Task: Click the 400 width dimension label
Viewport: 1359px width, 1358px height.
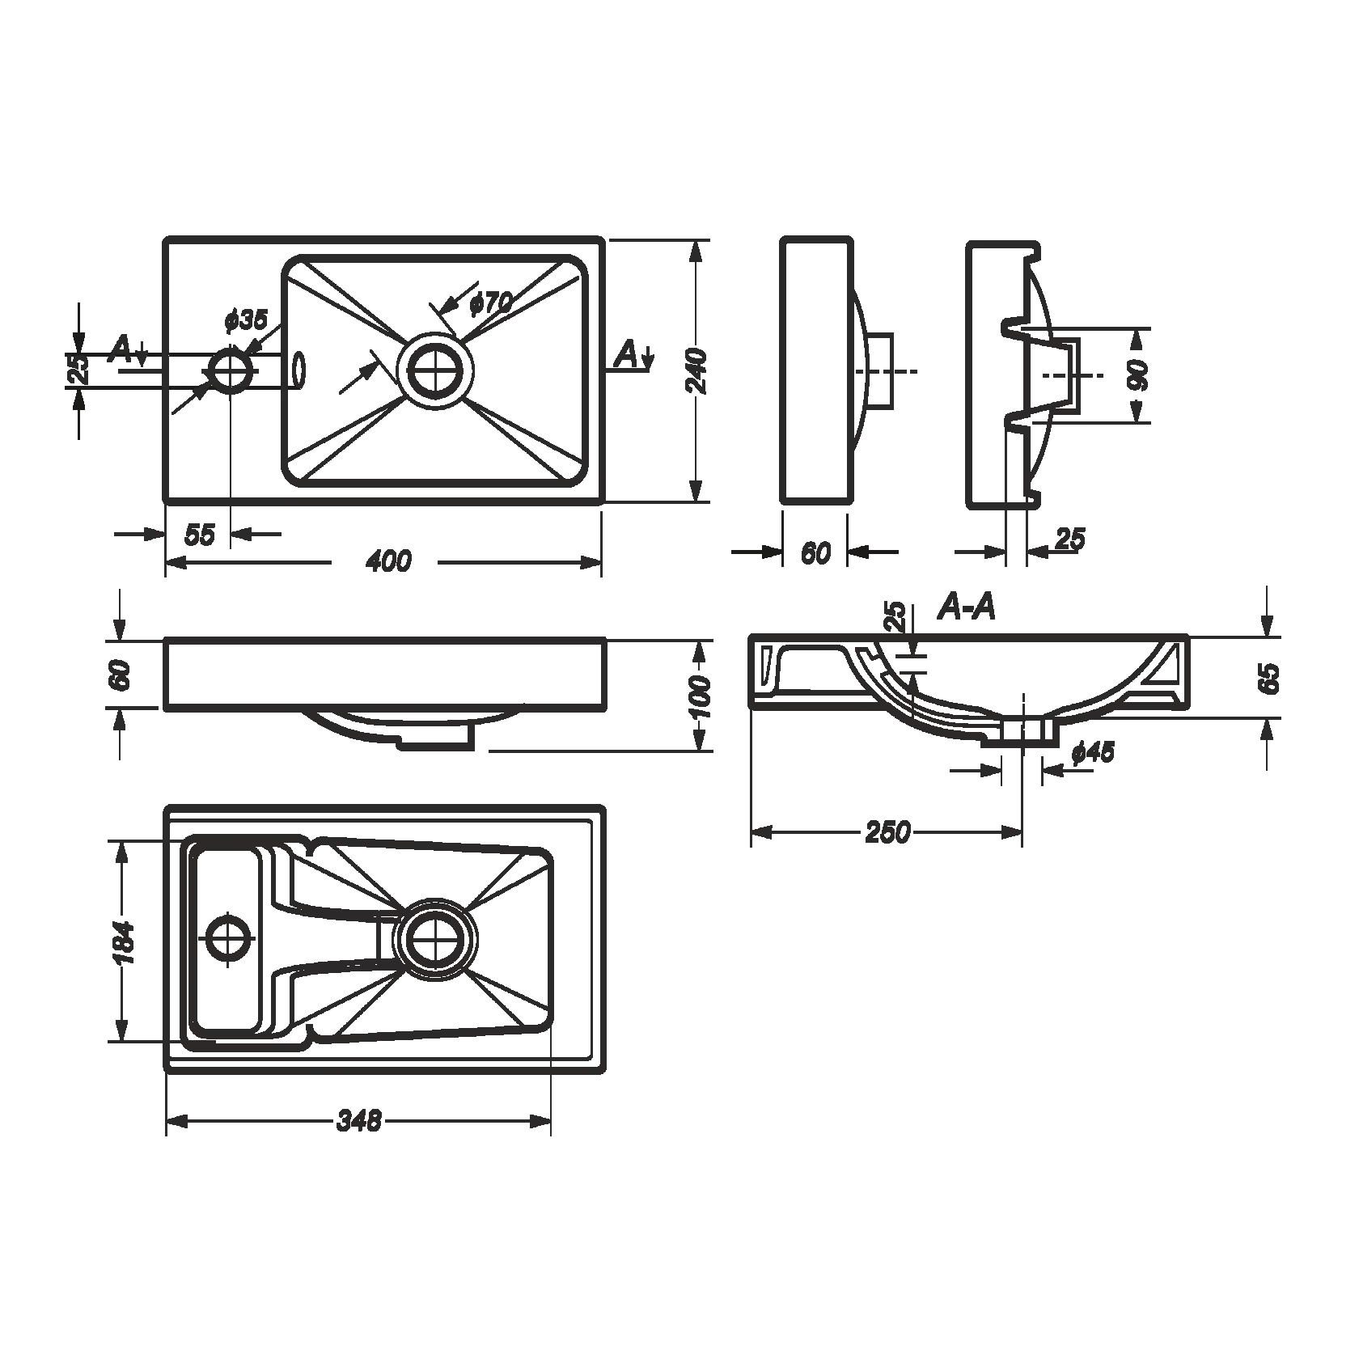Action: pos(388,561)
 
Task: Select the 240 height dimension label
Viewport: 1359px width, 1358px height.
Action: pos(697,371)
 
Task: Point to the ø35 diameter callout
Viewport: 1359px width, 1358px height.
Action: pos(245,319)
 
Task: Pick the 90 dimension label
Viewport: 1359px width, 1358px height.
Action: pos(1138,376)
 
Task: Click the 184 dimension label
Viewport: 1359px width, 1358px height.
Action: pos(123,942)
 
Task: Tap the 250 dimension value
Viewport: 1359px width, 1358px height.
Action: pos(887,831)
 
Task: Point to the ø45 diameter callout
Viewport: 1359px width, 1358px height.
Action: pos(1093,753)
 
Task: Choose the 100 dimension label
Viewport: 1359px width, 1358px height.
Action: pos(701,697)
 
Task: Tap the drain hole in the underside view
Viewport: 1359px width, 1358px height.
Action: pos(437,938)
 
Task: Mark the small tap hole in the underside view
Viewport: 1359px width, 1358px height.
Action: pos(230,938)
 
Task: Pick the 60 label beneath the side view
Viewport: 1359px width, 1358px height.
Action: pos(815,552)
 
